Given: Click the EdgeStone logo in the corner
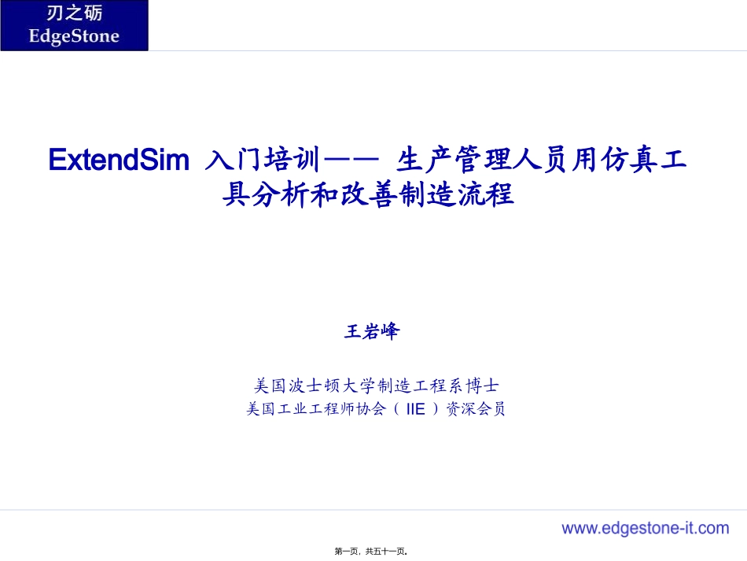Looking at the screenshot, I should coord(74,26).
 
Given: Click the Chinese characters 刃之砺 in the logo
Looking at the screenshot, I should coord(74,14).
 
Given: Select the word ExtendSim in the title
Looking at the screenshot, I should coord(119,160).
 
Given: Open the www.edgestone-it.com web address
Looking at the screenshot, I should coord(645,528).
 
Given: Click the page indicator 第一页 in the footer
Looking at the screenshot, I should coord(347,551).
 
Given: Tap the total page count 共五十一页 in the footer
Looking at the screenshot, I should coord(386,551).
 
